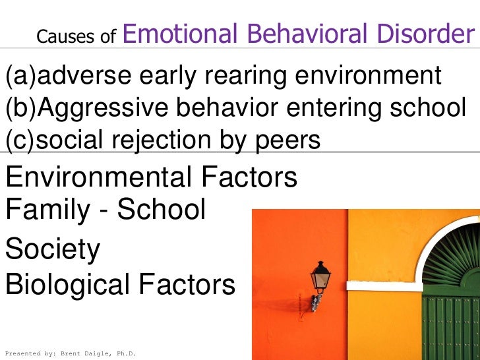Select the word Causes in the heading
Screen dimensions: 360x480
point(57,38)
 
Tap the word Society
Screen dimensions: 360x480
point(53,250)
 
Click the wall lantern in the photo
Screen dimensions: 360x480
point(320,280)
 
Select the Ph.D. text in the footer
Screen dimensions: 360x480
point(125,354)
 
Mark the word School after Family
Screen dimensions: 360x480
point(162,210)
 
